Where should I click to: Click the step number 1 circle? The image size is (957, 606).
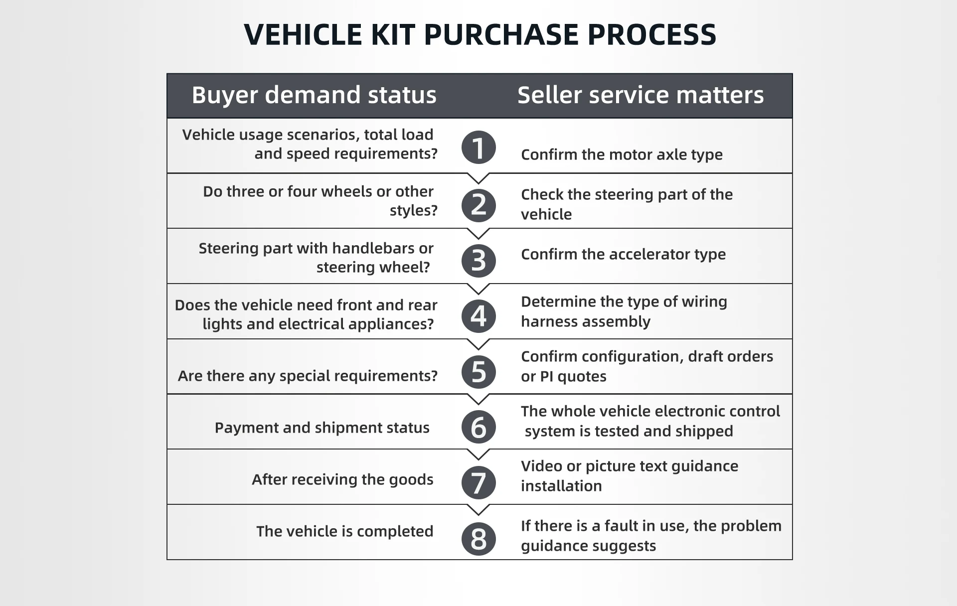click(478, 148)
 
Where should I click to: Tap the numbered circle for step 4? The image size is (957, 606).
click(478, 316)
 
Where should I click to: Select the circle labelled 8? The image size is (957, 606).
click(478, 539)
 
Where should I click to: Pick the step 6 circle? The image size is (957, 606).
click(478, 427)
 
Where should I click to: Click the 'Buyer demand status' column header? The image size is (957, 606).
click(314, 95)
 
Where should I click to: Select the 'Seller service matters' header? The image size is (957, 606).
click(640, 95)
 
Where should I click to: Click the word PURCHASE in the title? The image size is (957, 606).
click(501, 35)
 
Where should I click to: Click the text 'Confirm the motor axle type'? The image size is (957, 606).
click(622, 154)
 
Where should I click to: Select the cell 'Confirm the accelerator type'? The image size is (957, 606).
click(623, 254)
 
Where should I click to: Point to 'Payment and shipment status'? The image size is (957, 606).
click(322, 428)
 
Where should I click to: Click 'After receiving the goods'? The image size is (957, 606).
click(342, 479)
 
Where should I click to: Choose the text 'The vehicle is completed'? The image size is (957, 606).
click(344, 531)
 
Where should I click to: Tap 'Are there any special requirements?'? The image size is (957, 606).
click(308, 376)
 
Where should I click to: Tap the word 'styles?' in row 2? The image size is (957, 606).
click(413, 210)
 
